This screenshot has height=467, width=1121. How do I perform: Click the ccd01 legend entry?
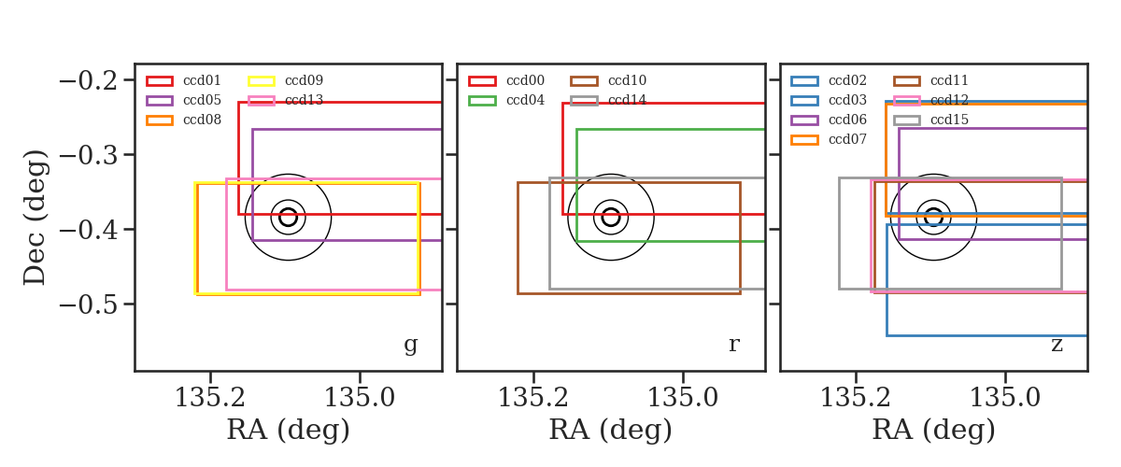[x=184, y=80]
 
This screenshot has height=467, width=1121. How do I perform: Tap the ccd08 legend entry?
[x=184, y=120]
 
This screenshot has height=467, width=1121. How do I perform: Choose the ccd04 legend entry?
[x=506, y=100]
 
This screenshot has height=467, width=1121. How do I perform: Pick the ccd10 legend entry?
[x=608, y=80]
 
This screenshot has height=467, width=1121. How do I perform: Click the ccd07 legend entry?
[x=829, y=139]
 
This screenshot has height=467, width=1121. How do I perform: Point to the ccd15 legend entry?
[x=930, y=120]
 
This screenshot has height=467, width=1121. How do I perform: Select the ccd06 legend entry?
[x=829, y=120]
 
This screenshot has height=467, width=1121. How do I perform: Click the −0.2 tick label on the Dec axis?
[x=89, y=80]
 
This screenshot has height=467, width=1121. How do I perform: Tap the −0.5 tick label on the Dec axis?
[x=89, y=304]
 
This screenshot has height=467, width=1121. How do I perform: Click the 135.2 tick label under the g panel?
[x=210, y=398]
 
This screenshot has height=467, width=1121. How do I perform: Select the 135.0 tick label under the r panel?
[x=683, y=398]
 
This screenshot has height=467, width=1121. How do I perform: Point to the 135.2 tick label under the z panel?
[x=856, y=398]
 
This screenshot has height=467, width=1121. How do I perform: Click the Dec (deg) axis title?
[x=35, y=218]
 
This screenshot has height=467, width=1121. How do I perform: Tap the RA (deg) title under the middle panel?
[x=611, y=430]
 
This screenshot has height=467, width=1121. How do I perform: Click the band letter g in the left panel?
[x=411, y=345]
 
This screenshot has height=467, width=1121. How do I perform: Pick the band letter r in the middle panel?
[x=734, y=345]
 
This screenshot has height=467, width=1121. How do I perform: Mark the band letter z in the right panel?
[x=1057, y=345]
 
